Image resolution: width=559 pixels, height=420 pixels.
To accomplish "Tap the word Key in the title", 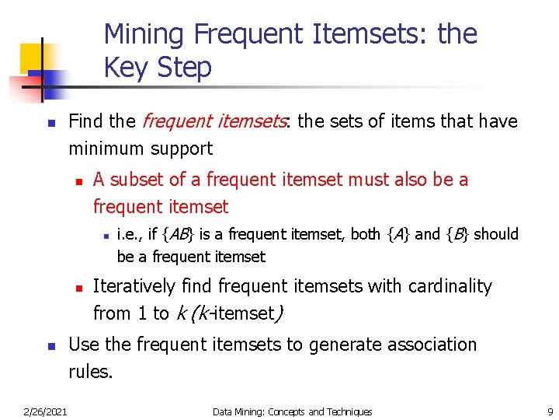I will [122, 68].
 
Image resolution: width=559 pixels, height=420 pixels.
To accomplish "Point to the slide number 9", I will [550, 411].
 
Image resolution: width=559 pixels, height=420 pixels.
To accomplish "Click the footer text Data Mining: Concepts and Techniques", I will [292, 411].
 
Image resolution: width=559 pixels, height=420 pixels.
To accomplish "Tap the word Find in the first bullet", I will [85, 121].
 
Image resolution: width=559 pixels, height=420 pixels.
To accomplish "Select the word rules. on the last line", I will [90, 372].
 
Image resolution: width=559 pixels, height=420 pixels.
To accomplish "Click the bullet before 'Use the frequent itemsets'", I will [50, 345].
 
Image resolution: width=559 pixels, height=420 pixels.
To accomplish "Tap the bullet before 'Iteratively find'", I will [78, 287].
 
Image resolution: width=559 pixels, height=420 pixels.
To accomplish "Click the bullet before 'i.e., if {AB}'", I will [103, 235].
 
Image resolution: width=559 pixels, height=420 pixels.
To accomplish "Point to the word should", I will [496, 234].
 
